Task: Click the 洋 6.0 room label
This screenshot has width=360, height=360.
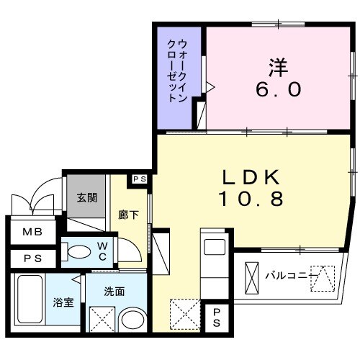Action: [279, 78]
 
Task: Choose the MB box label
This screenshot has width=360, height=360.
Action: [32, 232]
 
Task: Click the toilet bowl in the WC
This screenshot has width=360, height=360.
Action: [76, 252]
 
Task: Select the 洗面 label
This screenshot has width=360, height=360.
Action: [114, 293]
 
